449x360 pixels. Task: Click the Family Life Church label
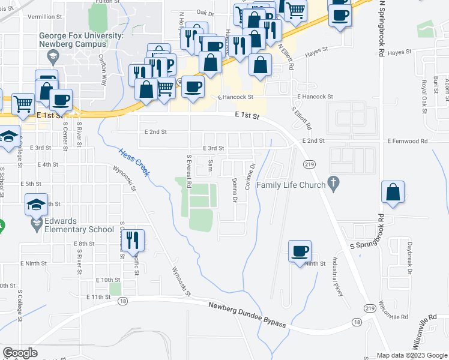pyautogui.click(x=291, y=185)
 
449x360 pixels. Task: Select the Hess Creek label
pyautogui.click(x=134, y=162)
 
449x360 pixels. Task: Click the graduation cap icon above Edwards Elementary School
pyautogui.click(x=37, y=205)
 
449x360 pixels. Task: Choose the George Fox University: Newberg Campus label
pyautogui.click(x=81, y=40)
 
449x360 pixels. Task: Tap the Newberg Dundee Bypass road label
pyautogui.click(x=247, y=314)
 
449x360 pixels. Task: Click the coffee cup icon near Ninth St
pyautogui.click(x=300, y=251)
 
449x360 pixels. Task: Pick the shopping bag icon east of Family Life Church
pyautogui.click(x=393, y=192)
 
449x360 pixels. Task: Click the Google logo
pyautogui.click(x=20, y=353)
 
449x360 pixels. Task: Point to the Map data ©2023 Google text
pyautogui.click(x=412, y=355)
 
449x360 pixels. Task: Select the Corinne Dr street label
pyautogui.click(x=250, y=175)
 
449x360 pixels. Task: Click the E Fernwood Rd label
pyautogui.click(x=408, y=141)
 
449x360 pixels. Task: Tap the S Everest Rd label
pyautogui.click(x=188, y=172)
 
